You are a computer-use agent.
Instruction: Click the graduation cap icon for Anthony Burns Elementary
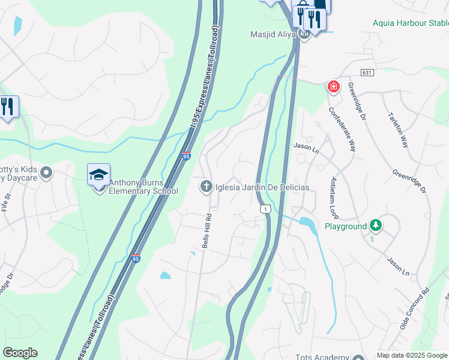(98, 175)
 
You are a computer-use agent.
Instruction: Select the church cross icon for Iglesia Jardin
(206, 187)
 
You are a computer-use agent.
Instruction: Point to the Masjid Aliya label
(274, 34)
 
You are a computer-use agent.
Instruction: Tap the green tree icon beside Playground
(376, 226)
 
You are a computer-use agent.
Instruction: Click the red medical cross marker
(333, 87)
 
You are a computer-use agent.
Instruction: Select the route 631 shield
(367, 72)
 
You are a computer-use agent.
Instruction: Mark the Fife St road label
(7, 202)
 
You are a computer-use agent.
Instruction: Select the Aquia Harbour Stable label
(410, 23)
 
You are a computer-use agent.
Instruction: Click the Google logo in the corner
(20, 353)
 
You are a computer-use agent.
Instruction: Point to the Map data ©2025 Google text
(412, 355)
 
